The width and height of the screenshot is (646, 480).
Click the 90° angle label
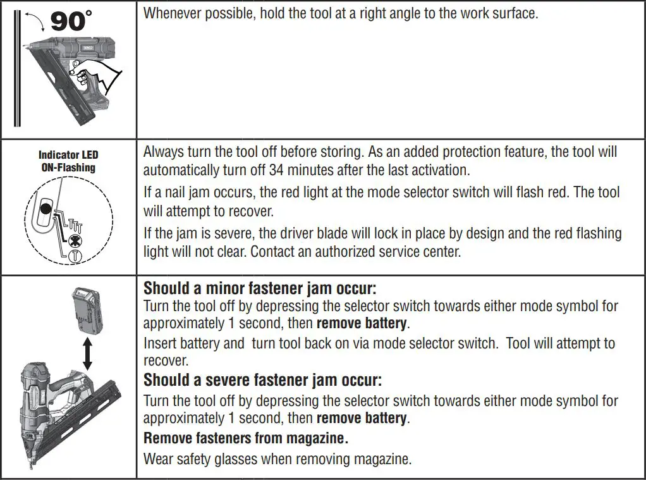click(x=71, y=20)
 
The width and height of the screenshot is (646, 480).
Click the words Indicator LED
click(x=68, y=155)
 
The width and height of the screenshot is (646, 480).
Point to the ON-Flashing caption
click(x=68, y=168)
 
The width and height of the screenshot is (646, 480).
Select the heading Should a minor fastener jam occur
click(x=260, y=288)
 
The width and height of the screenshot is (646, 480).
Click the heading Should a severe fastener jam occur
click(x=262, y=380)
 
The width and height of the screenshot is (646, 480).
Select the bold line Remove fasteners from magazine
click(x=246, y=438)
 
